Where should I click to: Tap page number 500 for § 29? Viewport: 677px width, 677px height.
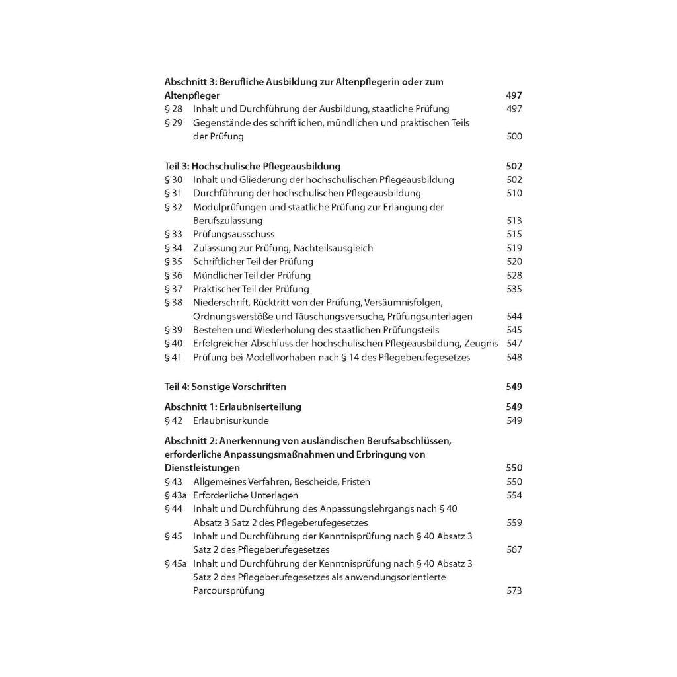click(x=514, y=137)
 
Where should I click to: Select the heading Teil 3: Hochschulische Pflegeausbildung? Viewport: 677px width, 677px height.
click(x=253, y=167)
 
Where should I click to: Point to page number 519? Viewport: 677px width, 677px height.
click(x=514, y=249)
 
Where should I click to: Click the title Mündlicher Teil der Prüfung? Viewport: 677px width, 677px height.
click(x=251, y=276)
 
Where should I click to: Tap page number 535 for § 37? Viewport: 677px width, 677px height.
click(x=514, y=290)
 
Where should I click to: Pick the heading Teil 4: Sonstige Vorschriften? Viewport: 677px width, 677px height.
click(x=225, y=387)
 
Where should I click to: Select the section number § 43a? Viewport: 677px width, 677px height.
click(x=175, y=496)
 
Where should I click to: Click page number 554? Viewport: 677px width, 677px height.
click(x=514, y=496)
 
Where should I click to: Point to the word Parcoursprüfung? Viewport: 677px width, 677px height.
click(x=229, y=591)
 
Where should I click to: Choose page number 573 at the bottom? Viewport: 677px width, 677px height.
click(x=514, y=591)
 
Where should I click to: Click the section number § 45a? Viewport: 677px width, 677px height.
click(x=175, y=564)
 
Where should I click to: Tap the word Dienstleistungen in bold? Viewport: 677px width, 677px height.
click(x=202, y=468)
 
